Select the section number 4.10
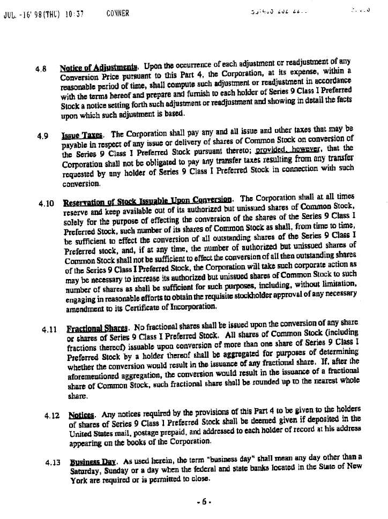coord(46,204)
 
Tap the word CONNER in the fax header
coord(118,13)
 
